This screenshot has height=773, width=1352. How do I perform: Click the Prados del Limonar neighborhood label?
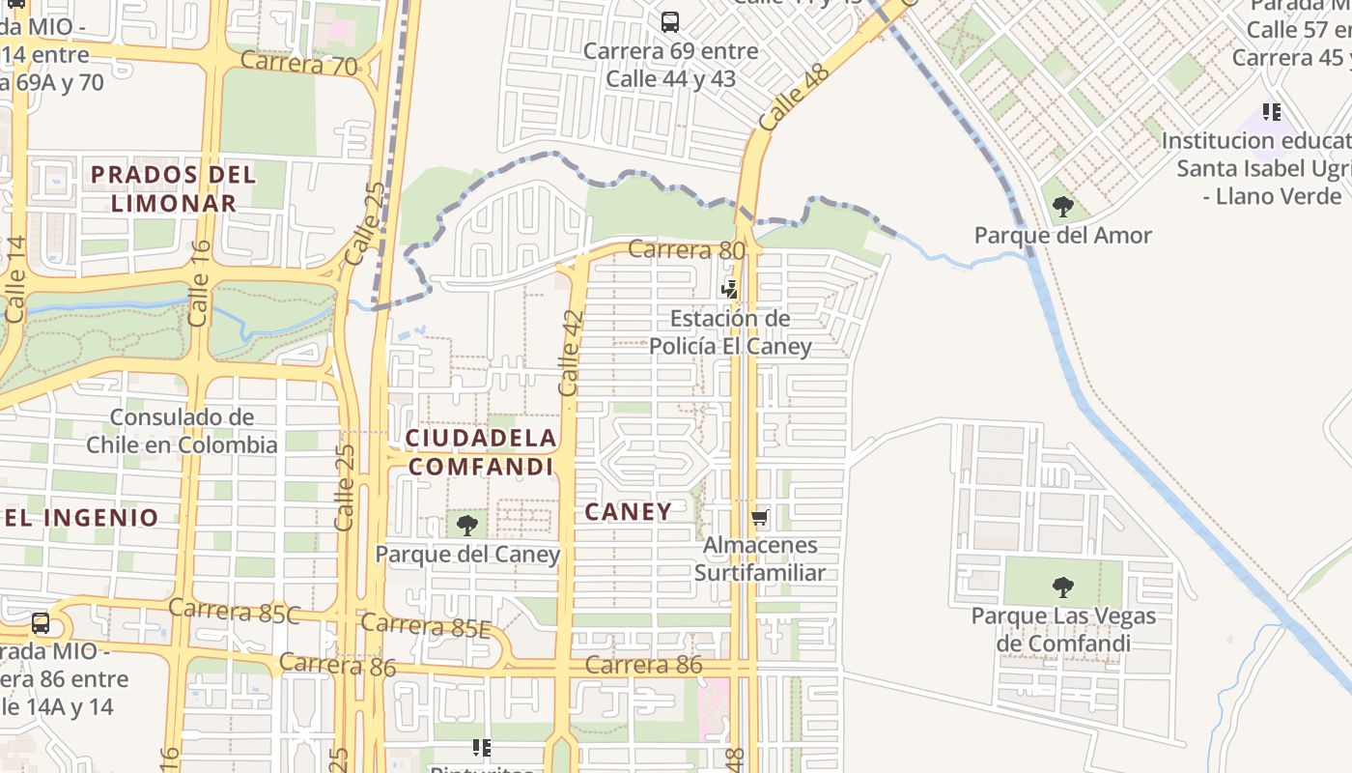(x=174, y=188)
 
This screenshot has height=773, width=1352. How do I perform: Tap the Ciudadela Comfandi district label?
(x=481, y=452)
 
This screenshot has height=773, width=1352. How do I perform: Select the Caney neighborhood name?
(x=628, y=511)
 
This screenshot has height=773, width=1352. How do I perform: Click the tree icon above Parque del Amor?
(x=1062, y=206)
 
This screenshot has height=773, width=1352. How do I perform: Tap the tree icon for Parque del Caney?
(x=467, y=526)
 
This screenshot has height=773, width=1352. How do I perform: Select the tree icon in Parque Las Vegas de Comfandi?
(x=1062, y=587)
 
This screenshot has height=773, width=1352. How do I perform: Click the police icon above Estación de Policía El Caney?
(x=730, y=289)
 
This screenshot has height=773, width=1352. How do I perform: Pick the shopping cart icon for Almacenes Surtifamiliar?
(x=760, y=517)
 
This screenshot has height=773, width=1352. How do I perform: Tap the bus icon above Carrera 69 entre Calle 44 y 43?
(x=669, y=21)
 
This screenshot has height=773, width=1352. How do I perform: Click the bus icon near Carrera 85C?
(x=41, y=623)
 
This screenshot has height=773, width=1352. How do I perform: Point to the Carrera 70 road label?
(x=298, y=63)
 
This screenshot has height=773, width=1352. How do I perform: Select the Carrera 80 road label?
(x=686, y=250)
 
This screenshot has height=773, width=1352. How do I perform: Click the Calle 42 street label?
(x=571, y=353)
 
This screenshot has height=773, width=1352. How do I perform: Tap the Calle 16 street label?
(x=199, y=284)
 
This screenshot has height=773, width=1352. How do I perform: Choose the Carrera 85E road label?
(x=426, y=625)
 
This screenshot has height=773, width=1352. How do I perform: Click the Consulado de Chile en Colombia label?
(x=182, y=431)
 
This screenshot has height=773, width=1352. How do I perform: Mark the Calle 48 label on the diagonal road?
(x=794, y=98)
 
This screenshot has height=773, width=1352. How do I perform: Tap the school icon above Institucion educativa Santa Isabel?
(x=1271, y=112)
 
